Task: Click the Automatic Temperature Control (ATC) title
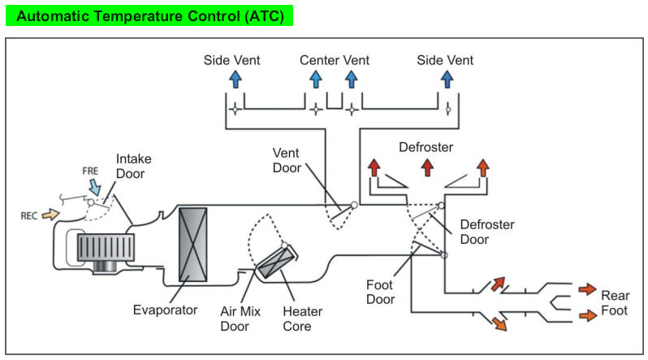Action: pos(149,15)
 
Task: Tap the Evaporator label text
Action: pos(166,310)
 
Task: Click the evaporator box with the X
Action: pos(192,245)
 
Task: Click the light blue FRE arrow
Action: pos(96,188)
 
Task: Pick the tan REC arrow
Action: pos(50,215)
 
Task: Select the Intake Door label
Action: pos(133,166)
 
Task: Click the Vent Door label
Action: pos(287,160)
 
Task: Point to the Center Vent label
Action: pos(334,60)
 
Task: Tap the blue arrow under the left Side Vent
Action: pos(235,79)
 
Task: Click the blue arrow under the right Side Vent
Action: pos(446,79)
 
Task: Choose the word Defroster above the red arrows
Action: pos(426,147)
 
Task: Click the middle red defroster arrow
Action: pos(427,167)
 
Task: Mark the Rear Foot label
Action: pos(614,302)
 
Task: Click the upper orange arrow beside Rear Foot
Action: pos(585,289)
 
